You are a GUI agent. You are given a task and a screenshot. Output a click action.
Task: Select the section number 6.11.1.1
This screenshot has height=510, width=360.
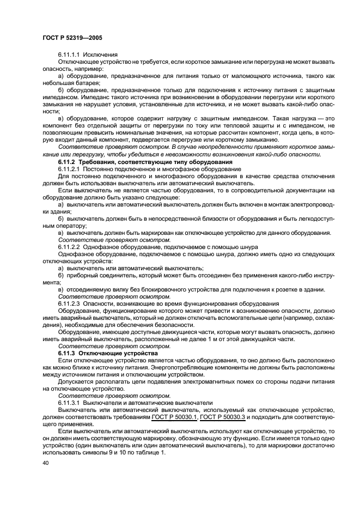[71, 56]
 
